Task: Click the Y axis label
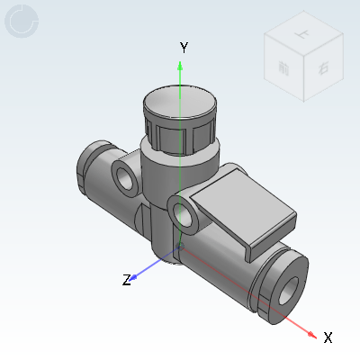[183, 47]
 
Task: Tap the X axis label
[328, 337]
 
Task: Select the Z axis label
[127, 280]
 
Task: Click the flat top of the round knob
[181, 103]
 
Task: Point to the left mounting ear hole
[126, 178]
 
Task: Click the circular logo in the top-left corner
[22, 22]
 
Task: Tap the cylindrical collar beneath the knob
[179, 162]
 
